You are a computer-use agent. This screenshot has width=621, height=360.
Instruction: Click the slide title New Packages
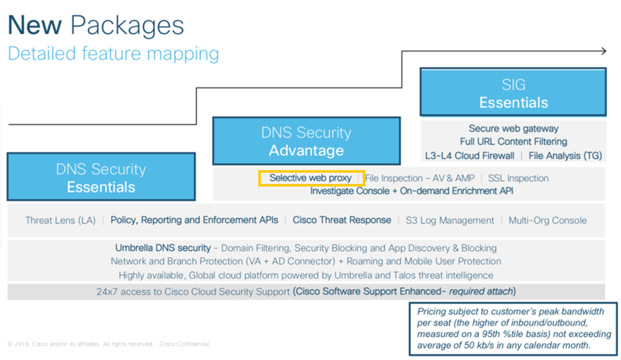tap(96, 25)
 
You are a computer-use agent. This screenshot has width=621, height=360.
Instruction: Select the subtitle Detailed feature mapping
tap(113, 53)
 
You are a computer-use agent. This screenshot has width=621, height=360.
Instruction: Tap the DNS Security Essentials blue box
tap(101, 177)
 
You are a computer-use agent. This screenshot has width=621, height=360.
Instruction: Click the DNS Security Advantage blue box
tap(306, 141)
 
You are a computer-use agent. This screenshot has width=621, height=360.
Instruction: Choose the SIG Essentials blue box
tap(513, 93)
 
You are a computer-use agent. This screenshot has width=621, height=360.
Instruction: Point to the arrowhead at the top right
tap(601, 51)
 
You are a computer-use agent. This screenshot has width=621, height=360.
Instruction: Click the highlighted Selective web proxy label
tap(311, 178)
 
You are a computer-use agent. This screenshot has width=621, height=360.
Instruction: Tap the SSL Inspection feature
tap(518, 178)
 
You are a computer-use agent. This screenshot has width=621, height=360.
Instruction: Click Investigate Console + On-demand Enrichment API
tap(411, 191)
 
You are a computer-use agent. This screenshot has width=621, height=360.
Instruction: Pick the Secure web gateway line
tap(513, 129)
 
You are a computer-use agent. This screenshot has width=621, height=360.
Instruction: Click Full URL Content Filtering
tap(513, 142)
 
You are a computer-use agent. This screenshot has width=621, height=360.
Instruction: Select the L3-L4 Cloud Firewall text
tap(469, 156)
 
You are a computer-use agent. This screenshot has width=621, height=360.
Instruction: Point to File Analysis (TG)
tap(564, 156)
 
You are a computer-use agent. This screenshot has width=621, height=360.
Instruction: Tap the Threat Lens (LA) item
tap(60, 221)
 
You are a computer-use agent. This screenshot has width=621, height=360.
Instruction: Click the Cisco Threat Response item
tap(341, 220)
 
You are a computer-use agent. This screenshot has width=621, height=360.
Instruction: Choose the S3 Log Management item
tap(450, 221)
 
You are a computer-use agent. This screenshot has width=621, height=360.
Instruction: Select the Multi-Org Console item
tap(547, 221)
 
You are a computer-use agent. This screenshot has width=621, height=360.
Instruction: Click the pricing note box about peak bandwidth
tap(514, 328)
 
